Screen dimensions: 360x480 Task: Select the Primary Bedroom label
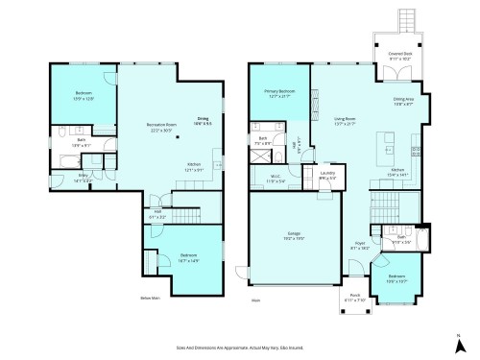[x=280, y=94]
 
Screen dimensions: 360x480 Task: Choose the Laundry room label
[x=327, y=177]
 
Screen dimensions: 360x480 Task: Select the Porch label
[x=355, y=296]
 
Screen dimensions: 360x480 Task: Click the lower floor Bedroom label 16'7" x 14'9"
[x=188, y=256]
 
